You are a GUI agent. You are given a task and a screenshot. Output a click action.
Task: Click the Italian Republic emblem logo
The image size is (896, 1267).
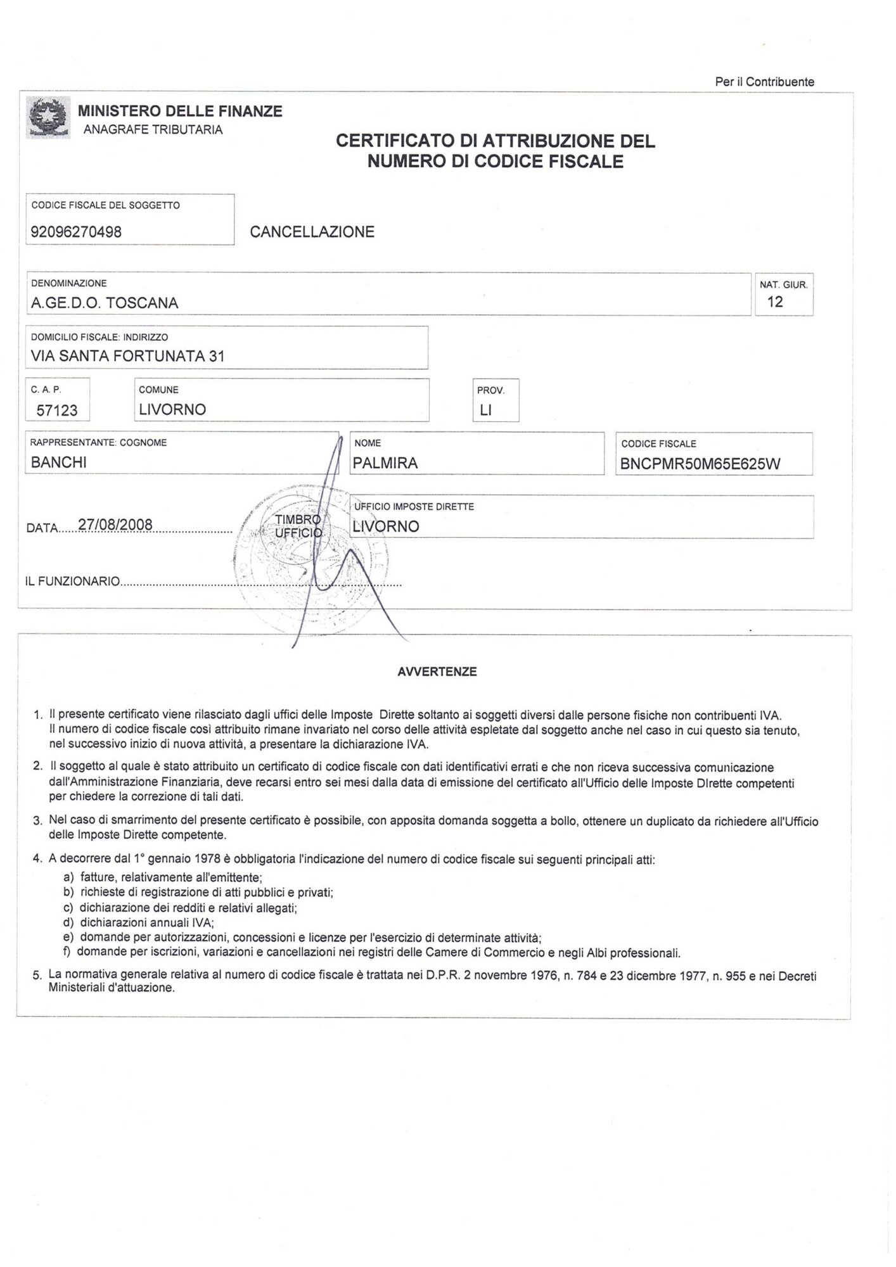[48, 117]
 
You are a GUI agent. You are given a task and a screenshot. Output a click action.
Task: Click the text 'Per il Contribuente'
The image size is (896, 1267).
[764, 82]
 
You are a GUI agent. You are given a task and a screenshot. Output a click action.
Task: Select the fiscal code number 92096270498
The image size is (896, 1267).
[76, 232]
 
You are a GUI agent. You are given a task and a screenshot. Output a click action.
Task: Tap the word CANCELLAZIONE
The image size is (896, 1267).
[312, 232]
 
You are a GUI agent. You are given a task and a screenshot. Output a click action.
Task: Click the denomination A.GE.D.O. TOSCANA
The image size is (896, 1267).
[105, 303]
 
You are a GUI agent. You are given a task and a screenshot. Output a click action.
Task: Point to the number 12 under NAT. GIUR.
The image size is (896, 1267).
[775, 302]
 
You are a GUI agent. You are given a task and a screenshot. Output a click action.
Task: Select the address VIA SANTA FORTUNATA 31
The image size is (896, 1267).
[127, 356]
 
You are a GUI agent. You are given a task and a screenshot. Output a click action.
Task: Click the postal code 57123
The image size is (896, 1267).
[57, 410]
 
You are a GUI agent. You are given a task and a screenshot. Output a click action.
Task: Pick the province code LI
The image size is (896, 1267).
[485, 410]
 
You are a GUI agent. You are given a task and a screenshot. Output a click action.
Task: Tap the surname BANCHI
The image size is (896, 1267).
[58, 462]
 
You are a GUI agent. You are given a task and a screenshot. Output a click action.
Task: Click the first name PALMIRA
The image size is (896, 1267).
[385, 463]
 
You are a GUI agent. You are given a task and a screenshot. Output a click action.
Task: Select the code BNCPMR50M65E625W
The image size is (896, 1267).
[700, 464]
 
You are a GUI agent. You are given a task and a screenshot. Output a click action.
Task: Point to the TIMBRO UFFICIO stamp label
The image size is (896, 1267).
[298, 526]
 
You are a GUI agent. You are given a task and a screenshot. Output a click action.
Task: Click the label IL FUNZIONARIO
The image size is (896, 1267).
[73, 581]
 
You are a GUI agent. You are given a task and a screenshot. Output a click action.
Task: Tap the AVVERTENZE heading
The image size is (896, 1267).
[437, 672]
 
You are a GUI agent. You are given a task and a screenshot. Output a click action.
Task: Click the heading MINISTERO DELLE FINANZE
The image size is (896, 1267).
[180, 111]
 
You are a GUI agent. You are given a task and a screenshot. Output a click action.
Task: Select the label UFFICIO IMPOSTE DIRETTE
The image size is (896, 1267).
[414, 507]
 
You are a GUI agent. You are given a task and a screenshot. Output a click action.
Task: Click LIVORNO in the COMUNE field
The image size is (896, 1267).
[172, 409]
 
